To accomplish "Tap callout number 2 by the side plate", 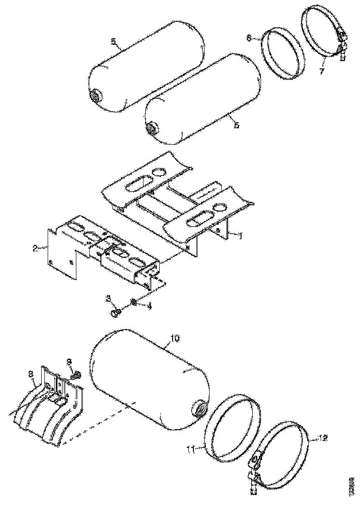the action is click(x=35, y=248).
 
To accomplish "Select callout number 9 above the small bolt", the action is click(x=69, y=361).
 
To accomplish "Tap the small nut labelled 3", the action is click(x=116, y=313).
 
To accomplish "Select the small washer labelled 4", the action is click(x=133, y=302).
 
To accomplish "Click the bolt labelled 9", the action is click(x=77, y=372).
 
